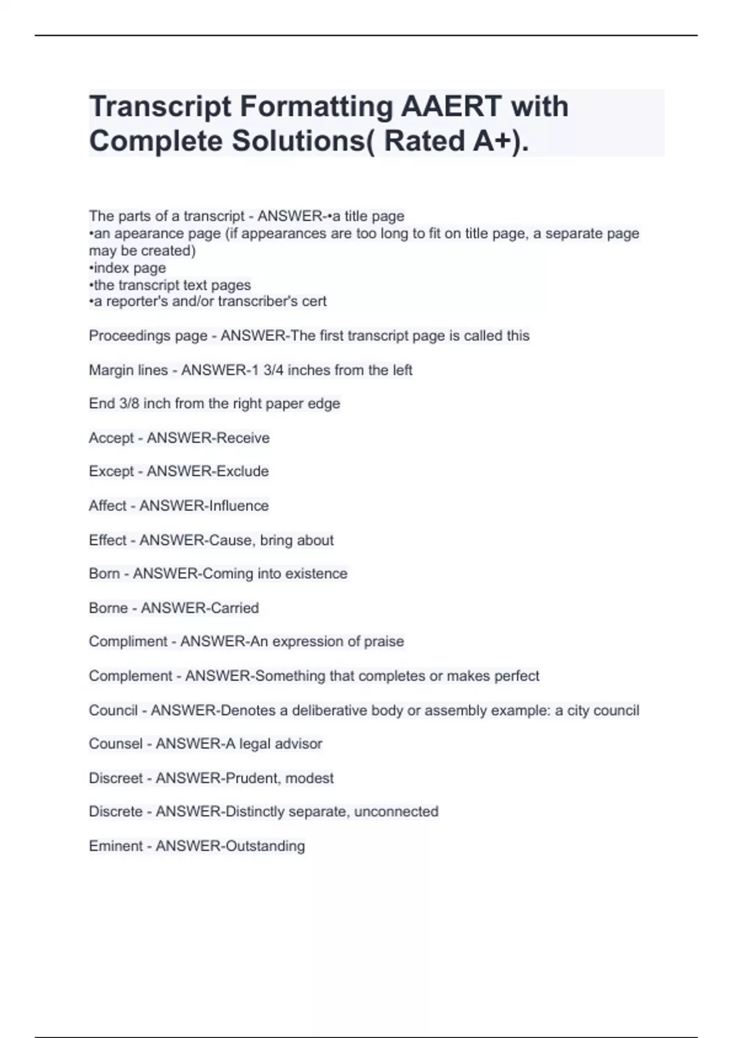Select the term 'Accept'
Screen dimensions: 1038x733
pyautogui.click(x=111, y=438)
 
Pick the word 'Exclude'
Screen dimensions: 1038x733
pyautogui.click(x=238, y=471)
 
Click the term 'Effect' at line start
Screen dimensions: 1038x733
pyautogui.click(x=108, y=540)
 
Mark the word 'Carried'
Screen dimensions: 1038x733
pyautogui.click(x=230, y=608)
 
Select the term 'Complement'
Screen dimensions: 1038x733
pyautogui.click(x=131, y=676)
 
